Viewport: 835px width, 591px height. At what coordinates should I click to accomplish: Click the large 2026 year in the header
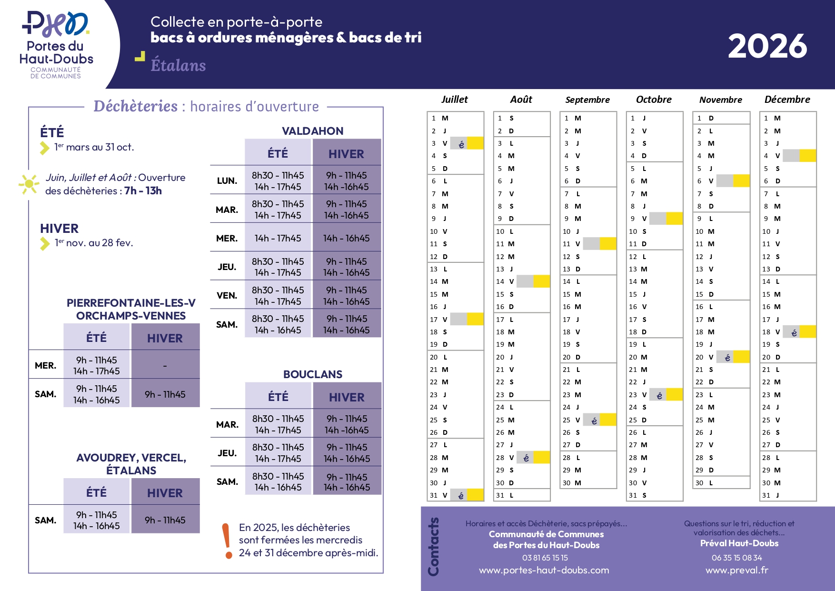[767, 46]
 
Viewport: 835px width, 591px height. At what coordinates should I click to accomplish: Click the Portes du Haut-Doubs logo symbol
[56, 24]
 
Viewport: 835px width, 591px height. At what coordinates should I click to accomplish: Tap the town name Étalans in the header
[178, 65]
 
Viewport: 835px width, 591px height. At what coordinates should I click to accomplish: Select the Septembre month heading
[587, 100]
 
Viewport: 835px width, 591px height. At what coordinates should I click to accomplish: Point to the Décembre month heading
[787, 100]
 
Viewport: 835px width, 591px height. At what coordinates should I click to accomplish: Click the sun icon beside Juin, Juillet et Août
[29, 184]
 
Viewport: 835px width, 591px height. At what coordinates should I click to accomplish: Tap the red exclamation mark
[228, 541]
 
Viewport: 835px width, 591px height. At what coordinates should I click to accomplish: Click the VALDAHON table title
[313, 131]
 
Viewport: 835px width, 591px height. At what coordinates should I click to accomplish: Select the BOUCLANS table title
[313, 374]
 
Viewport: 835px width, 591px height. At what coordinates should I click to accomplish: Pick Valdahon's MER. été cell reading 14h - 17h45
[278, 238]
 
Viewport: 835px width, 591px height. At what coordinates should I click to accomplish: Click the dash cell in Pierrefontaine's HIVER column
[165, 366]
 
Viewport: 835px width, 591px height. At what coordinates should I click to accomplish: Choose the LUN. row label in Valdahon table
[227, 181]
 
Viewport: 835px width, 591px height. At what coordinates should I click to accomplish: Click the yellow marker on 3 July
[475, 143]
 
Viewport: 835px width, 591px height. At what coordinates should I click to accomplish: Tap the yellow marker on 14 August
[542, 281]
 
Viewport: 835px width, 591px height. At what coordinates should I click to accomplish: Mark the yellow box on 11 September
[608, 244]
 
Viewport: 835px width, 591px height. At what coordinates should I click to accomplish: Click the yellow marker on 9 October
[675, 219]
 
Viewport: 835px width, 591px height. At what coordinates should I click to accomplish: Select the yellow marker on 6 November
[741, 181]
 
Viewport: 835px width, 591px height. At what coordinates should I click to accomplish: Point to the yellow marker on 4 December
[808, 156]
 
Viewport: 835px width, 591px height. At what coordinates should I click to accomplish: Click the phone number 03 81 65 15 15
[545, 558]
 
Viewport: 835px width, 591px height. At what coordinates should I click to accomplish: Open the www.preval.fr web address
[737, 571]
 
